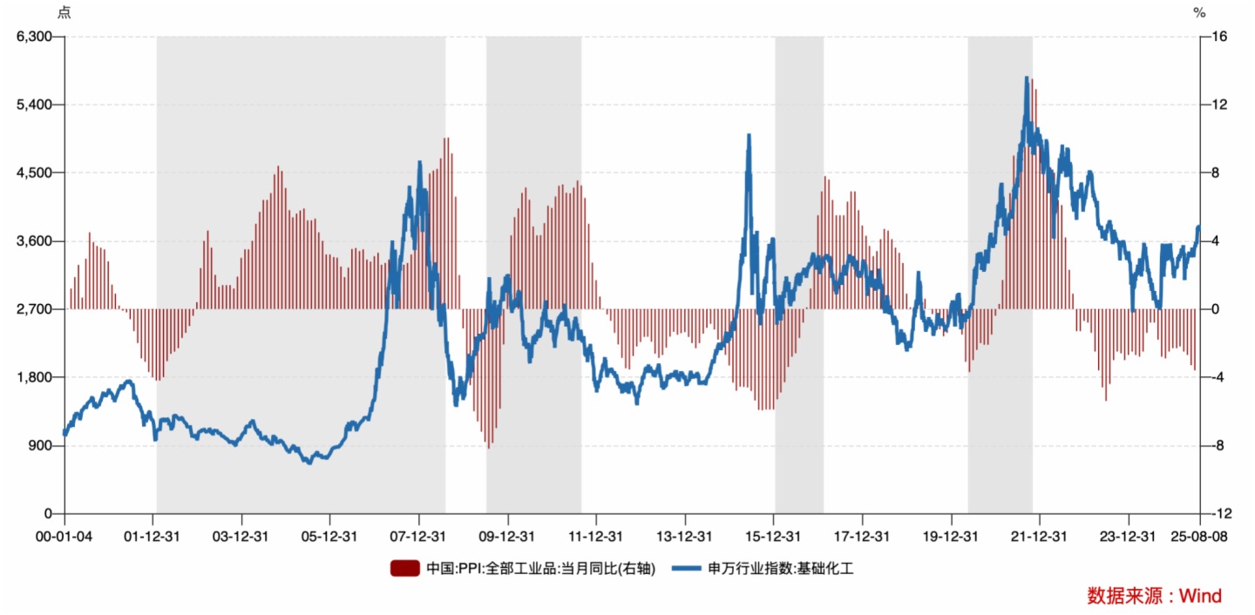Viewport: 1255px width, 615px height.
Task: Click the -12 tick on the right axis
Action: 1218,514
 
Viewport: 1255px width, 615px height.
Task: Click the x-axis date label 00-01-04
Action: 64,536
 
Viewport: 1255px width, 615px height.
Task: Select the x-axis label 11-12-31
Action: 596,536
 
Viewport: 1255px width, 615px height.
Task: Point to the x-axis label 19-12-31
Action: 951,536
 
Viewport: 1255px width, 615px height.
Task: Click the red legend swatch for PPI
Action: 405,569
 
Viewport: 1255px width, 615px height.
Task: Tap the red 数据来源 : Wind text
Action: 1154,596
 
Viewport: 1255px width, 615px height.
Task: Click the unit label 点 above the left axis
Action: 64,12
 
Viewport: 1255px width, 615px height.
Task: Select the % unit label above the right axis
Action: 1199,12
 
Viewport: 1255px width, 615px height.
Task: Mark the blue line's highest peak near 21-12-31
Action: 1027,78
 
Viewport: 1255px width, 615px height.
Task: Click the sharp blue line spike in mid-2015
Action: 749,136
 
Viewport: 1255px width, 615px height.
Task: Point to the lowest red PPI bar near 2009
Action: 489,447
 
